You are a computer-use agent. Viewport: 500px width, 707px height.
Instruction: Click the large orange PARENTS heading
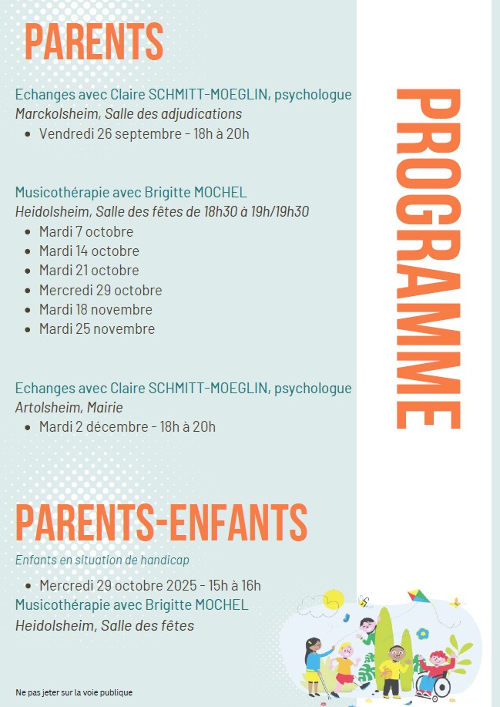coord(94,42)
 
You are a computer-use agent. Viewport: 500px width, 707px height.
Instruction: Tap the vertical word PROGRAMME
coord(428,258)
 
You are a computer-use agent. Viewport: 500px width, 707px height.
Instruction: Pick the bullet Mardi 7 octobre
coord(86,231)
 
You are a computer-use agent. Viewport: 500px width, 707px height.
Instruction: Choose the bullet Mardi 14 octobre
coord(89,251)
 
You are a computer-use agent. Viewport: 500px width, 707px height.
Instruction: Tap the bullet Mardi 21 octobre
coord(89,270)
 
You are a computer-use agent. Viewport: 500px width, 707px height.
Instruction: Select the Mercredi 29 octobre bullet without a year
coord(101,290)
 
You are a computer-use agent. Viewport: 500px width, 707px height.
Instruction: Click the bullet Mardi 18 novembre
coord(96,309)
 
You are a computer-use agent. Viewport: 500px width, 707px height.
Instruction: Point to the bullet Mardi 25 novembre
coord(97,328)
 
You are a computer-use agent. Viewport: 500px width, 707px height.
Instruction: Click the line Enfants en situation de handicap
coord(102,560)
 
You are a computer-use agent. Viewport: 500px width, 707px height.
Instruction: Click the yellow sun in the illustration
coord(333,598)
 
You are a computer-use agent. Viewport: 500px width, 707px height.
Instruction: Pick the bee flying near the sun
coord(363,601)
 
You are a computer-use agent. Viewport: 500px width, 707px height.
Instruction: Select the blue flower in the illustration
coord(422,634)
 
